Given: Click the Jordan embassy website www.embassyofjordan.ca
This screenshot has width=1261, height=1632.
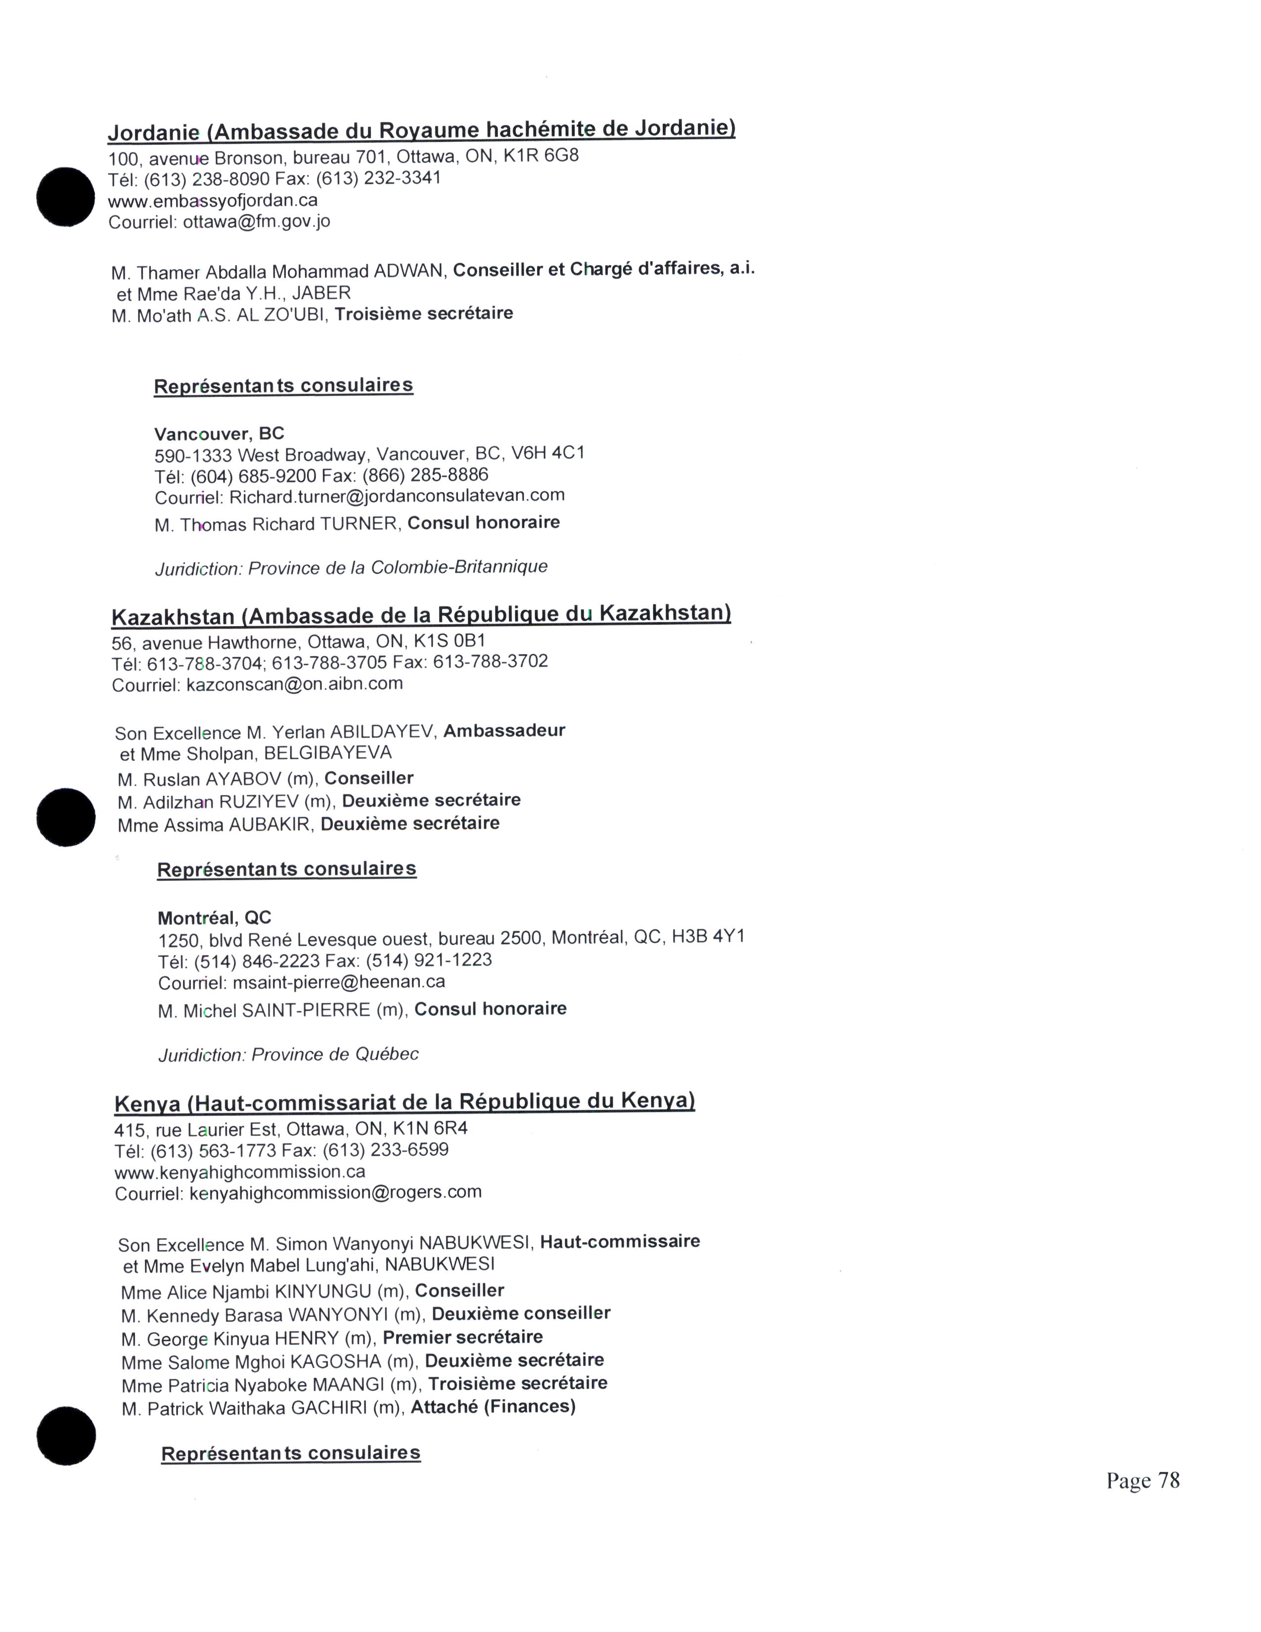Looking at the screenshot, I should point(213,201).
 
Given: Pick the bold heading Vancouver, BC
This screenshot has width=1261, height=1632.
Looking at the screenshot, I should point(219,433).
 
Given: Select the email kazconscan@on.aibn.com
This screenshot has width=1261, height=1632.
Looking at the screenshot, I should point(294,684).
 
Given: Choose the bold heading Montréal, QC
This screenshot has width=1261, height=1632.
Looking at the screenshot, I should point(215,917).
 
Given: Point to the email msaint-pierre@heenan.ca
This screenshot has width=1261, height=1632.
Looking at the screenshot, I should point(338,982).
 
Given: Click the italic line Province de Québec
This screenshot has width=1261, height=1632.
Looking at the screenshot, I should point(335,1054).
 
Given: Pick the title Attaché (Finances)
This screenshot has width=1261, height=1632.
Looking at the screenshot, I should point(493,1407).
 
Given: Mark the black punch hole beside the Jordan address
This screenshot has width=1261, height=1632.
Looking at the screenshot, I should point(66,196).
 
